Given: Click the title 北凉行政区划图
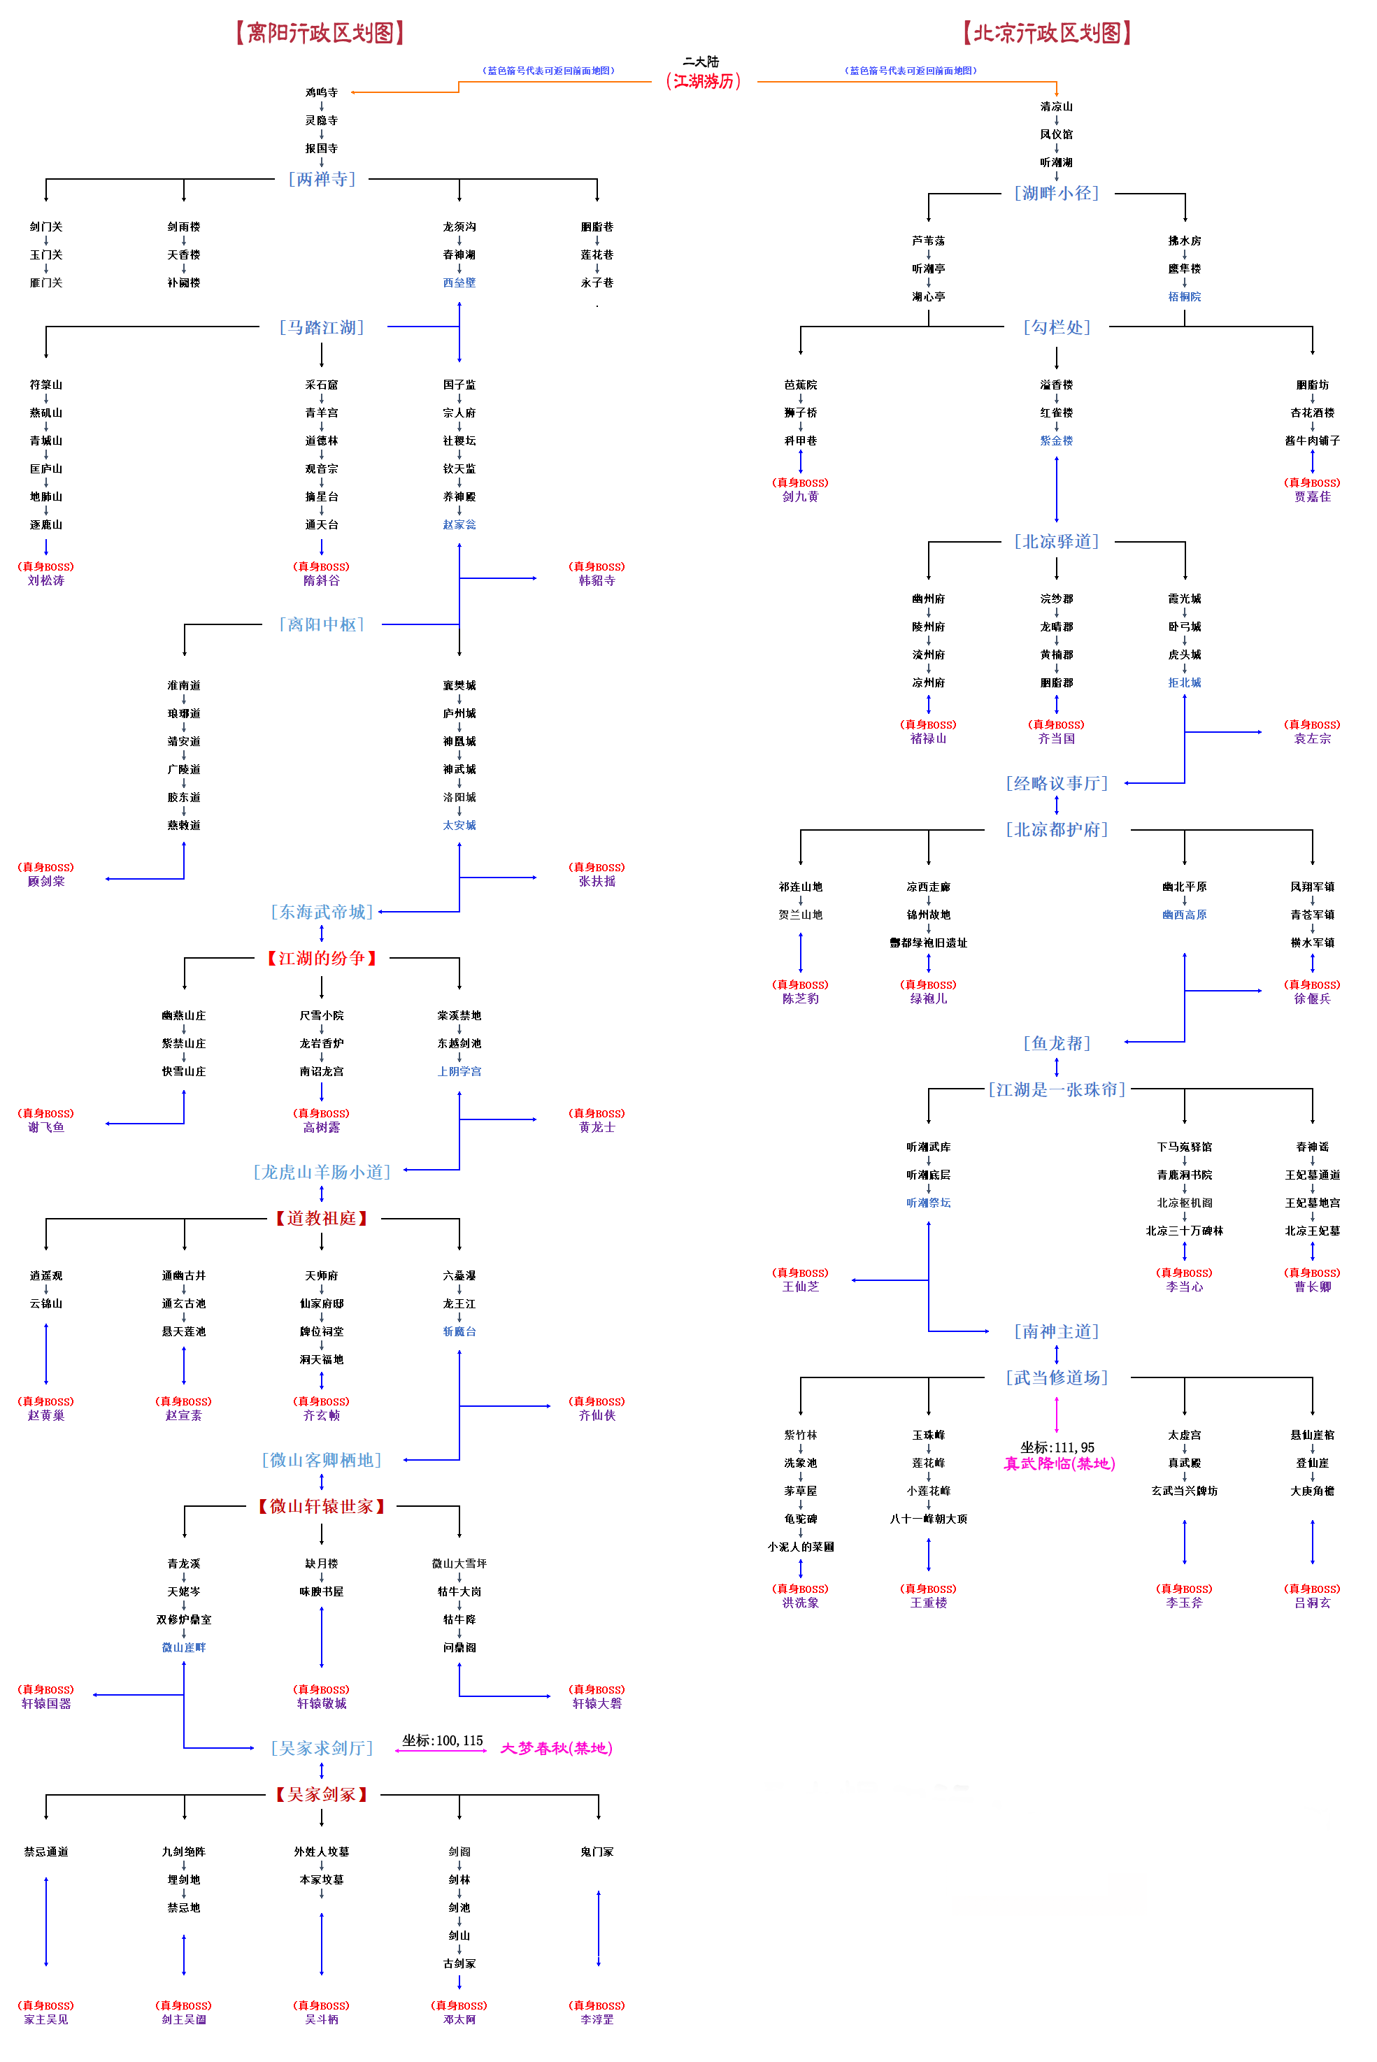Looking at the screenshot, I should [1047, 34].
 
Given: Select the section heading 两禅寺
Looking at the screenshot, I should [322, 179].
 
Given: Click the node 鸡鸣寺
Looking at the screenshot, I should [322, 92].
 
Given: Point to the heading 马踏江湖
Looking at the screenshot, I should [322, 327].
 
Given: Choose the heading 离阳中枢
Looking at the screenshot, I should [322, 624].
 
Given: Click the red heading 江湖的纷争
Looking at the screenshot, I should [322, 958].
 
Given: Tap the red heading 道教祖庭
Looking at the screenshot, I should [322, 1219].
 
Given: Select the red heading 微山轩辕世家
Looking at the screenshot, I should [322, 1506].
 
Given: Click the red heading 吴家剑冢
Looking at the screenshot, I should [322, 1794].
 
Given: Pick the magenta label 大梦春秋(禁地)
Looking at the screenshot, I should [556, 1748].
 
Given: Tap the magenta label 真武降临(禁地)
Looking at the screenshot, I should [1059, 1463].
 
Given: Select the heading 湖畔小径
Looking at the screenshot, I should [1057, 193].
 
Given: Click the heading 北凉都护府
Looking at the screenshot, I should [1057, 829].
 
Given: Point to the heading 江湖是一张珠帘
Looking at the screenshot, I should [1057, 1089].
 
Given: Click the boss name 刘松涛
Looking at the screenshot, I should [45, 580].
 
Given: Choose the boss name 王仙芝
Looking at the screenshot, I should [800, 1286].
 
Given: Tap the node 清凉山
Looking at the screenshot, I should [1057, 106].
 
